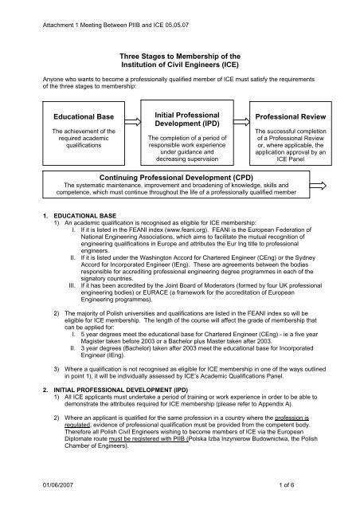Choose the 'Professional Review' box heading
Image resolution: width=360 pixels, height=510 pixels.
click(x=291, y=117)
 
